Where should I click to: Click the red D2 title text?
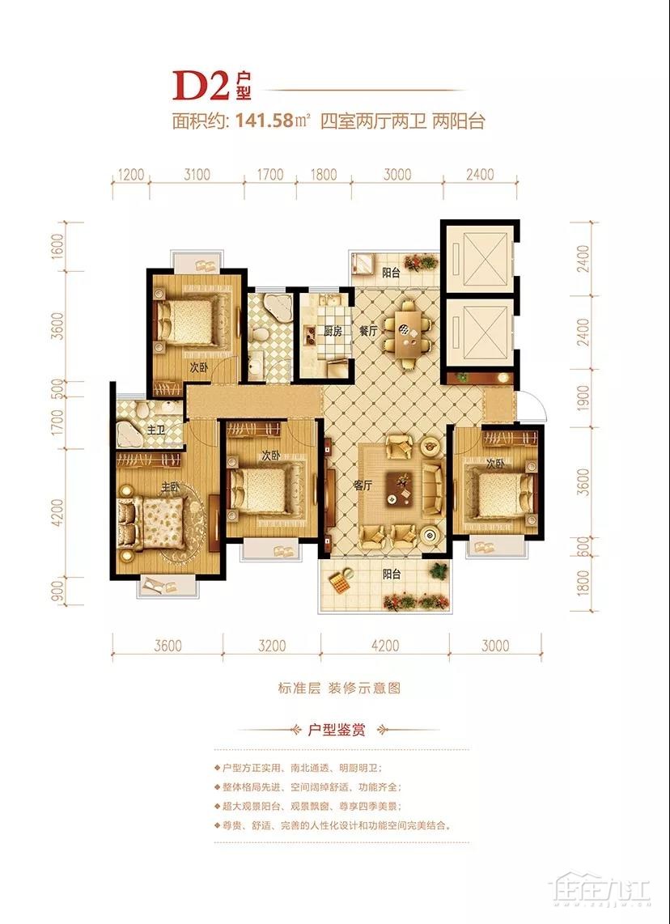pyautogui.click(x=201, y=86)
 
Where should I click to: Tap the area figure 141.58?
pyautogui.click(x=265, y=121)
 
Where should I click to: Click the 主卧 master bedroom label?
pyautogui.click(x=171, y=487)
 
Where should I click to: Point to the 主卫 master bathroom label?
pyautogui.click(x=156, y=430)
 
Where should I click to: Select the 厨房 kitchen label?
pyautogui.click(x=333, y=331)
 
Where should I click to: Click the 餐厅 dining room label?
pyautogui.click(x=368, y=331)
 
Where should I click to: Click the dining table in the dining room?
pyautogui.click(x=408, y=334)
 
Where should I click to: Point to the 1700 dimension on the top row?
pyautogui.click(x=270, y=175)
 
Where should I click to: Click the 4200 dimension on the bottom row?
pyautogui.click(x=385, y=646)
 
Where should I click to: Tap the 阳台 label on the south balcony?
pyautogui.click(x=392, y=574)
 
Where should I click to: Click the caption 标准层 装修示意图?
pyautogui.click(x=339, y=688)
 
